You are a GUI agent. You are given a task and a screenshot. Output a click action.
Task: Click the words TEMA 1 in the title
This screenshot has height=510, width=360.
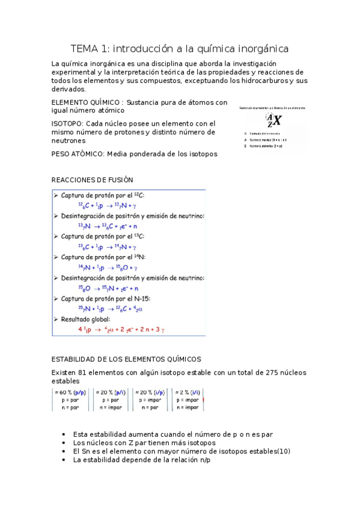click(x=90, y=48)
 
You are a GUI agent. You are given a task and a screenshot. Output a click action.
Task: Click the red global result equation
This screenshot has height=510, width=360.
click(x=128, y=330)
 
